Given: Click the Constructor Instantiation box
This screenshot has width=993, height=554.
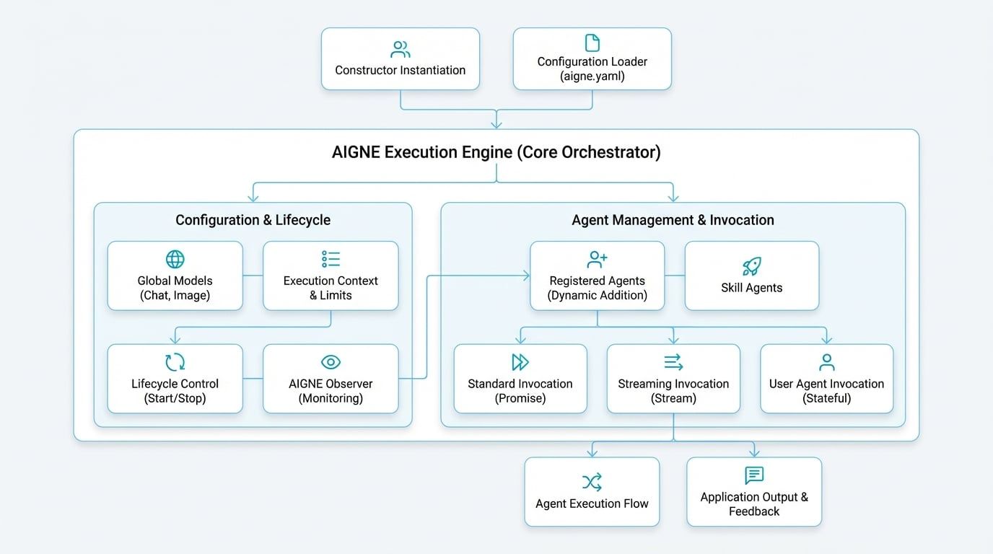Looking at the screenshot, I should click(x=400, y=59).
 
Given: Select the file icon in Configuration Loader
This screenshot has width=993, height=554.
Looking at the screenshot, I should click(x=592, y=43).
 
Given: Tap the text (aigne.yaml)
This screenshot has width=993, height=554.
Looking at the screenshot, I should click(x=592, y=76).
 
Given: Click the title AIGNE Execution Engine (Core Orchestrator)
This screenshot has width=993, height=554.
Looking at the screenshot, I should click(x=496, y=152).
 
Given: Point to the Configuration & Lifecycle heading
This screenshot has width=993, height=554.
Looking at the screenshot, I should click(x=253, y=220).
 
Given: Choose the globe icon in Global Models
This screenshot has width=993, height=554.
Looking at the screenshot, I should click(x=175, y=260).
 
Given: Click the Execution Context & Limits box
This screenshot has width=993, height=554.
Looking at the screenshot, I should click(x=331, y=276).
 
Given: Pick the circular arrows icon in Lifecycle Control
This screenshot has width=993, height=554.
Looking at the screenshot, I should click(x=175, y=362).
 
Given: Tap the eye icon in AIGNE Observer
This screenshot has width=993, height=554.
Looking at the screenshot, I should click(x=331, y=362).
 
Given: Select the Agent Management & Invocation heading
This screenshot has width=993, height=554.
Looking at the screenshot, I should click(x=673, y=220).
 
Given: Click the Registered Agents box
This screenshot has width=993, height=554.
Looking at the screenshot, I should click(x=597, y=276).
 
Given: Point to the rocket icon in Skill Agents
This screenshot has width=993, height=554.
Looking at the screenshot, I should click(x=751, y=265).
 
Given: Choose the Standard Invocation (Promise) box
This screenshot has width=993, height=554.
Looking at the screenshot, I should click(x=520, y=379).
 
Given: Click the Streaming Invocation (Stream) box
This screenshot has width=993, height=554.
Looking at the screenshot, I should click(x=673, y=379).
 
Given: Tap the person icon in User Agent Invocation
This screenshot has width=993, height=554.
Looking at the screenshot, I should click(x=827, y=362).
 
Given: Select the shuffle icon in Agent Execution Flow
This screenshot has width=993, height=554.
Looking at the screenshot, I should click(x=592, y=482).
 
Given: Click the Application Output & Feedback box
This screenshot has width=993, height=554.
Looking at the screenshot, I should click(x=754, y=491).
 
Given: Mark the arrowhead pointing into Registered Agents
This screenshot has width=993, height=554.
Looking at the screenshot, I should click(x=526, y=276).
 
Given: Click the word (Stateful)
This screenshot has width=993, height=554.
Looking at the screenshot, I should click(x=827, y=398).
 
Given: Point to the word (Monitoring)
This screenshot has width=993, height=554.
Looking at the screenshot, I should click(x=331, y=398).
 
